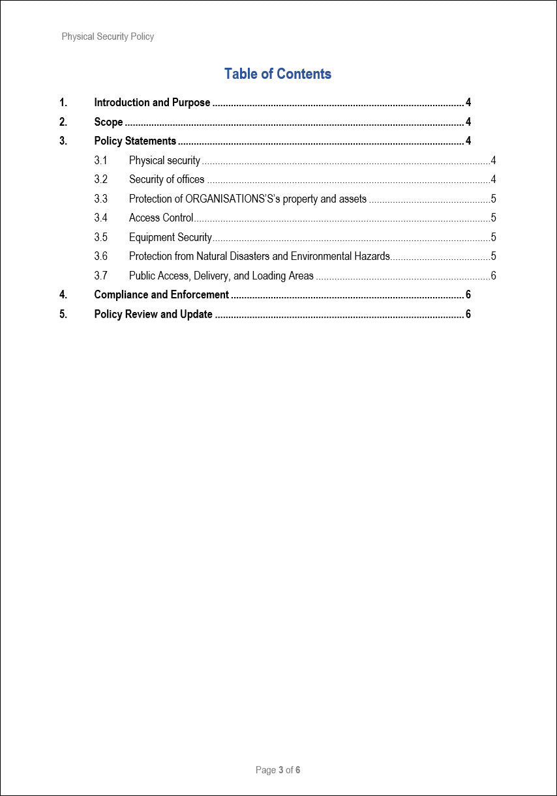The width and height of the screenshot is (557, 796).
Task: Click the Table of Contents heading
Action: click(278, 74)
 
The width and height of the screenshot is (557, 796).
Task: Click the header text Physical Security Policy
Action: click(108, 36)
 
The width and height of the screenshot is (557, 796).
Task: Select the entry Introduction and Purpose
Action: click(152, 103)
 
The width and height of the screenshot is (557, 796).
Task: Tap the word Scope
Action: click(108, 122)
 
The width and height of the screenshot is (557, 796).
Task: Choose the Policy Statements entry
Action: click(135, 141)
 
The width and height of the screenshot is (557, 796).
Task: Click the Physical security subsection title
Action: click(164, 160)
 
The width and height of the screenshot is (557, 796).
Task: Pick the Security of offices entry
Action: click(166, 179)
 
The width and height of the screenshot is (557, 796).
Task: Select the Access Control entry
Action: click(161, 218)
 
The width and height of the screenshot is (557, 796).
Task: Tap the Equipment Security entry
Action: click(170, 237)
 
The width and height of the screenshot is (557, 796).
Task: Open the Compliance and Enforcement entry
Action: click(161, 295)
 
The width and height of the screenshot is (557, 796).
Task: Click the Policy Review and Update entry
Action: click(153, 314)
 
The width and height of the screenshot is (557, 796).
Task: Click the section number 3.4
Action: click(100, 218)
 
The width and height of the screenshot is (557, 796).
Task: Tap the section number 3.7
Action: click(100, 276)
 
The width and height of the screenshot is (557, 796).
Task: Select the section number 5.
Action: click(63, 314)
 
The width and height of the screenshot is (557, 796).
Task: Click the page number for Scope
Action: click(468, 122)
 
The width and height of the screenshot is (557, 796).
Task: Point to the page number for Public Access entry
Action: click(493, 276)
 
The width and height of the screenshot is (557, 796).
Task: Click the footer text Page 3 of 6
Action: click(278, 770)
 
